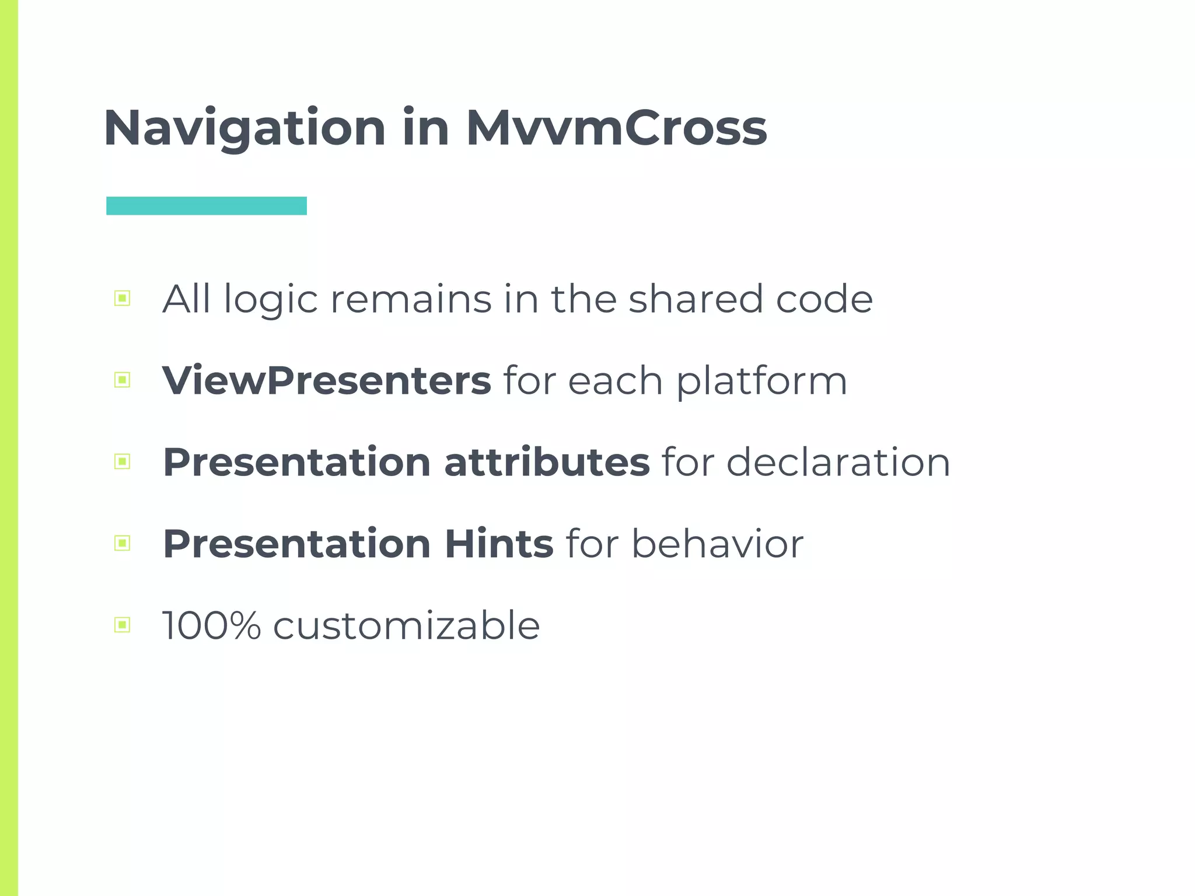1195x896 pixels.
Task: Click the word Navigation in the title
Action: (244, 128)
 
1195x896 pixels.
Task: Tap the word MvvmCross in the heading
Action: (616, 128)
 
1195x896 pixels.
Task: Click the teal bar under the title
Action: (207, 206)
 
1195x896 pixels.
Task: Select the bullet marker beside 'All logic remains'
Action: (122, 299)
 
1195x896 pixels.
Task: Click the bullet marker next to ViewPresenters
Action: (122, 380)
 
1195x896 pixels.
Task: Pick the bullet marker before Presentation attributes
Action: (122, 462)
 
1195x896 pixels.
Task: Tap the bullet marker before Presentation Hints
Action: (122, 544)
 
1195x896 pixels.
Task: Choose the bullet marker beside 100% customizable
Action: (122, 625)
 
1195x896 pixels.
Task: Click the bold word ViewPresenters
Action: (327, 380)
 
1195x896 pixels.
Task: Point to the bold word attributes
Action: (547, 462)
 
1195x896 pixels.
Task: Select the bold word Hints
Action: (499, 544)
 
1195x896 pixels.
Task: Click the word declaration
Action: (838, 462)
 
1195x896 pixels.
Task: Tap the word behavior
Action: (717, 544)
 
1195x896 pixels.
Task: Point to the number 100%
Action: (211, 625)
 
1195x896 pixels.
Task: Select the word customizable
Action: (406, 625)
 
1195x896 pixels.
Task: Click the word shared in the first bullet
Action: (696, 299)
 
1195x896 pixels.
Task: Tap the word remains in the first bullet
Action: (411, 299)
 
